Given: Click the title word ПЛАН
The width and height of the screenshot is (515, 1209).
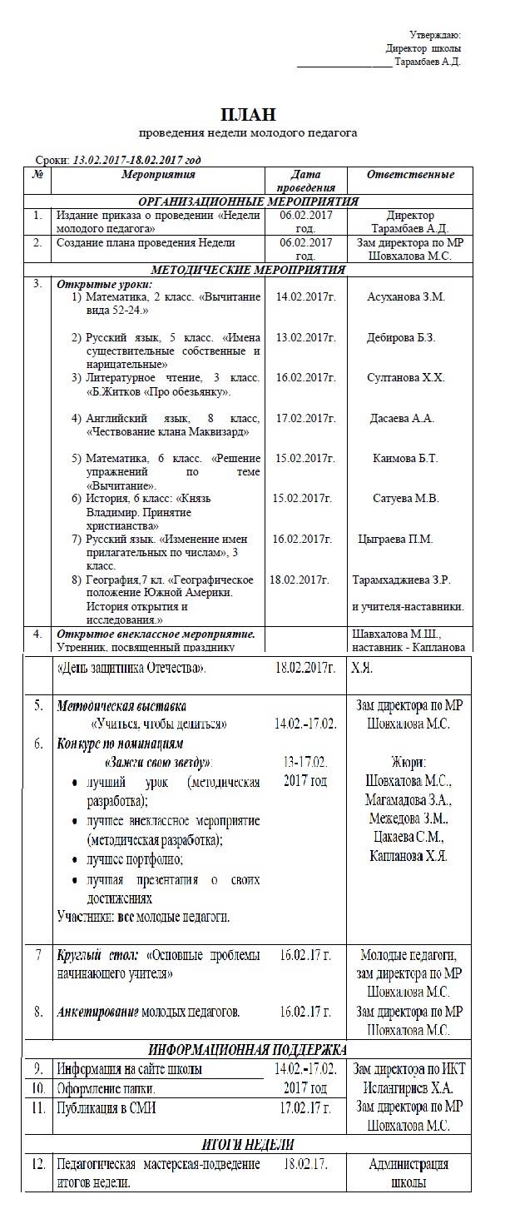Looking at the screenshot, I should pos(248,114).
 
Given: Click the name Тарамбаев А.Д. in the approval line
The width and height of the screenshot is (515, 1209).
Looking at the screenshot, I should pos(428,62).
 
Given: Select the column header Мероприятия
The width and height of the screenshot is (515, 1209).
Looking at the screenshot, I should pos(158,175).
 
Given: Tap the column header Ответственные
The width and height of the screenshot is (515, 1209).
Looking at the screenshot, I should pos(410,175).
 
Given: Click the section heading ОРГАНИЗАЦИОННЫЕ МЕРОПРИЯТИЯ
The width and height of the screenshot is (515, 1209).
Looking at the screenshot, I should pos(248,201).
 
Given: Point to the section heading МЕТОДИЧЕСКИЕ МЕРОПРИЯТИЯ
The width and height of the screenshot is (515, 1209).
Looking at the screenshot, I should pos(248,270).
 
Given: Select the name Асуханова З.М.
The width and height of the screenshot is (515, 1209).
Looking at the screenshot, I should pos(406,296).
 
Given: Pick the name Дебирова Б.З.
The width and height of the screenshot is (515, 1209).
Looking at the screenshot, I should pos(401,337).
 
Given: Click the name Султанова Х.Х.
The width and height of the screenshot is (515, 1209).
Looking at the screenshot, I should pos(406,377).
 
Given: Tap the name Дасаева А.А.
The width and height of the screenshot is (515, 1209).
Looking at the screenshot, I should pos(402,418).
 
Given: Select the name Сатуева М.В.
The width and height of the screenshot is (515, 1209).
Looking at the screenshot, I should pos(406,498).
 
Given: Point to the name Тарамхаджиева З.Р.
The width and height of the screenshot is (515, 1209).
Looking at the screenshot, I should pos(408,579).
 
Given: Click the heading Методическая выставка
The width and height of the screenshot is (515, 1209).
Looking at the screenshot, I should pos(121,705).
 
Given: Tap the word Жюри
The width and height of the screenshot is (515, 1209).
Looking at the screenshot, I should pos(408,763).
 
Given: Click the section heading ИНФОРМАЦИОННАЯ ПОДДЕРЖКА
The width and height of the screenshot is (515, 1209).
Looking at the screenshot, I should pos(247,1049).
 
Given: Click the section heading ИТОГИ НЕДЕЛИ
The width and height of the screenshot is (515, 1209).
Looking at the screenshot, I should pos(248,1145).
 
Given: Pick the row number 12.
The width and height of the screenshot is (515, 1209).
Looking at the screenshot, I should pos(37,1164).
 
